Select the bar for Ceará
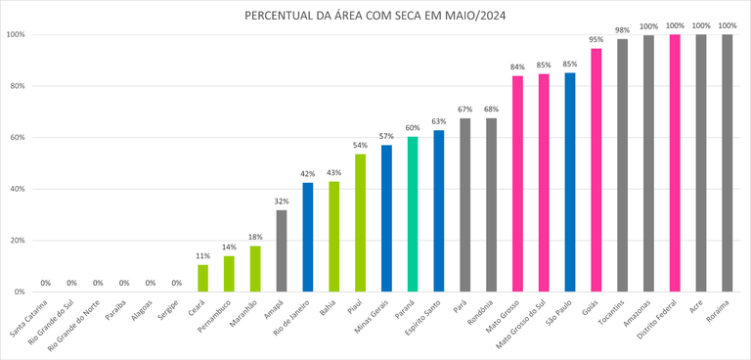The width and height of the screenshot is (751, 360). coord(202,279)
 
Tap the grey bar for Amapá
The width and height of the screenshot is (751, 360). coord(282,251)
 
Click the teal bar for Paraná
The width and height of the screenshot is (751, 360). coord(413,214)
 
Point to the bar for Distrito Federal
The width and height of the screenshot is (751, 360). coord(675,163)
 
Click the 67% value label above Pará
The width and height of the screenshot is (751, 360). coord(465,110)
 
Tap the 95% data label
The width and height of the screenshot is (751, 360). coord(596,40)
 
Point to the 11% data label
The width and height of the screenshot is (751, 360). coord(202,256)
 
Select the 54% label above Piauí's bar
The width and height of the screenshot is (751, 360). coord(360,145)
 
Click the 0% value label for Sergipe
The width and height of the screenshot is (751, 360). coord(176,284)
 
